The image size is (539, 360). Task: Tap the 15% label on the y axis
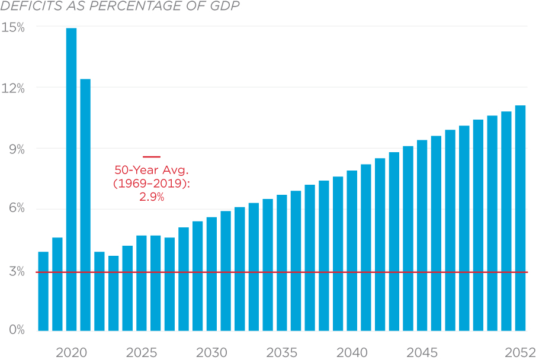[13, 27]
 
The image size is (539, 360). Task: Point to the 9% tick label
[16, 150]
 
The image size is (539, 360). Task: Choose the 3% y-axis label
[16, 272]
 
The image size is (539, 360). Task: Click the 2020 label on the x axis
[71, 353]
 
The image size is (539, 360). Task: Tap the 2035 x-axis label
[282, 353]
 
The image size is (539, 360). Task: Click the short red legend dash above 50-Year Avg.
[152, 157]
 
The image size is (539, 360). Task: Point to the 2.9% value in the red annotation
[152, 197]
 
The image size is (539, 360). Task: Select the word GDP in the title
[228, 7]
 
